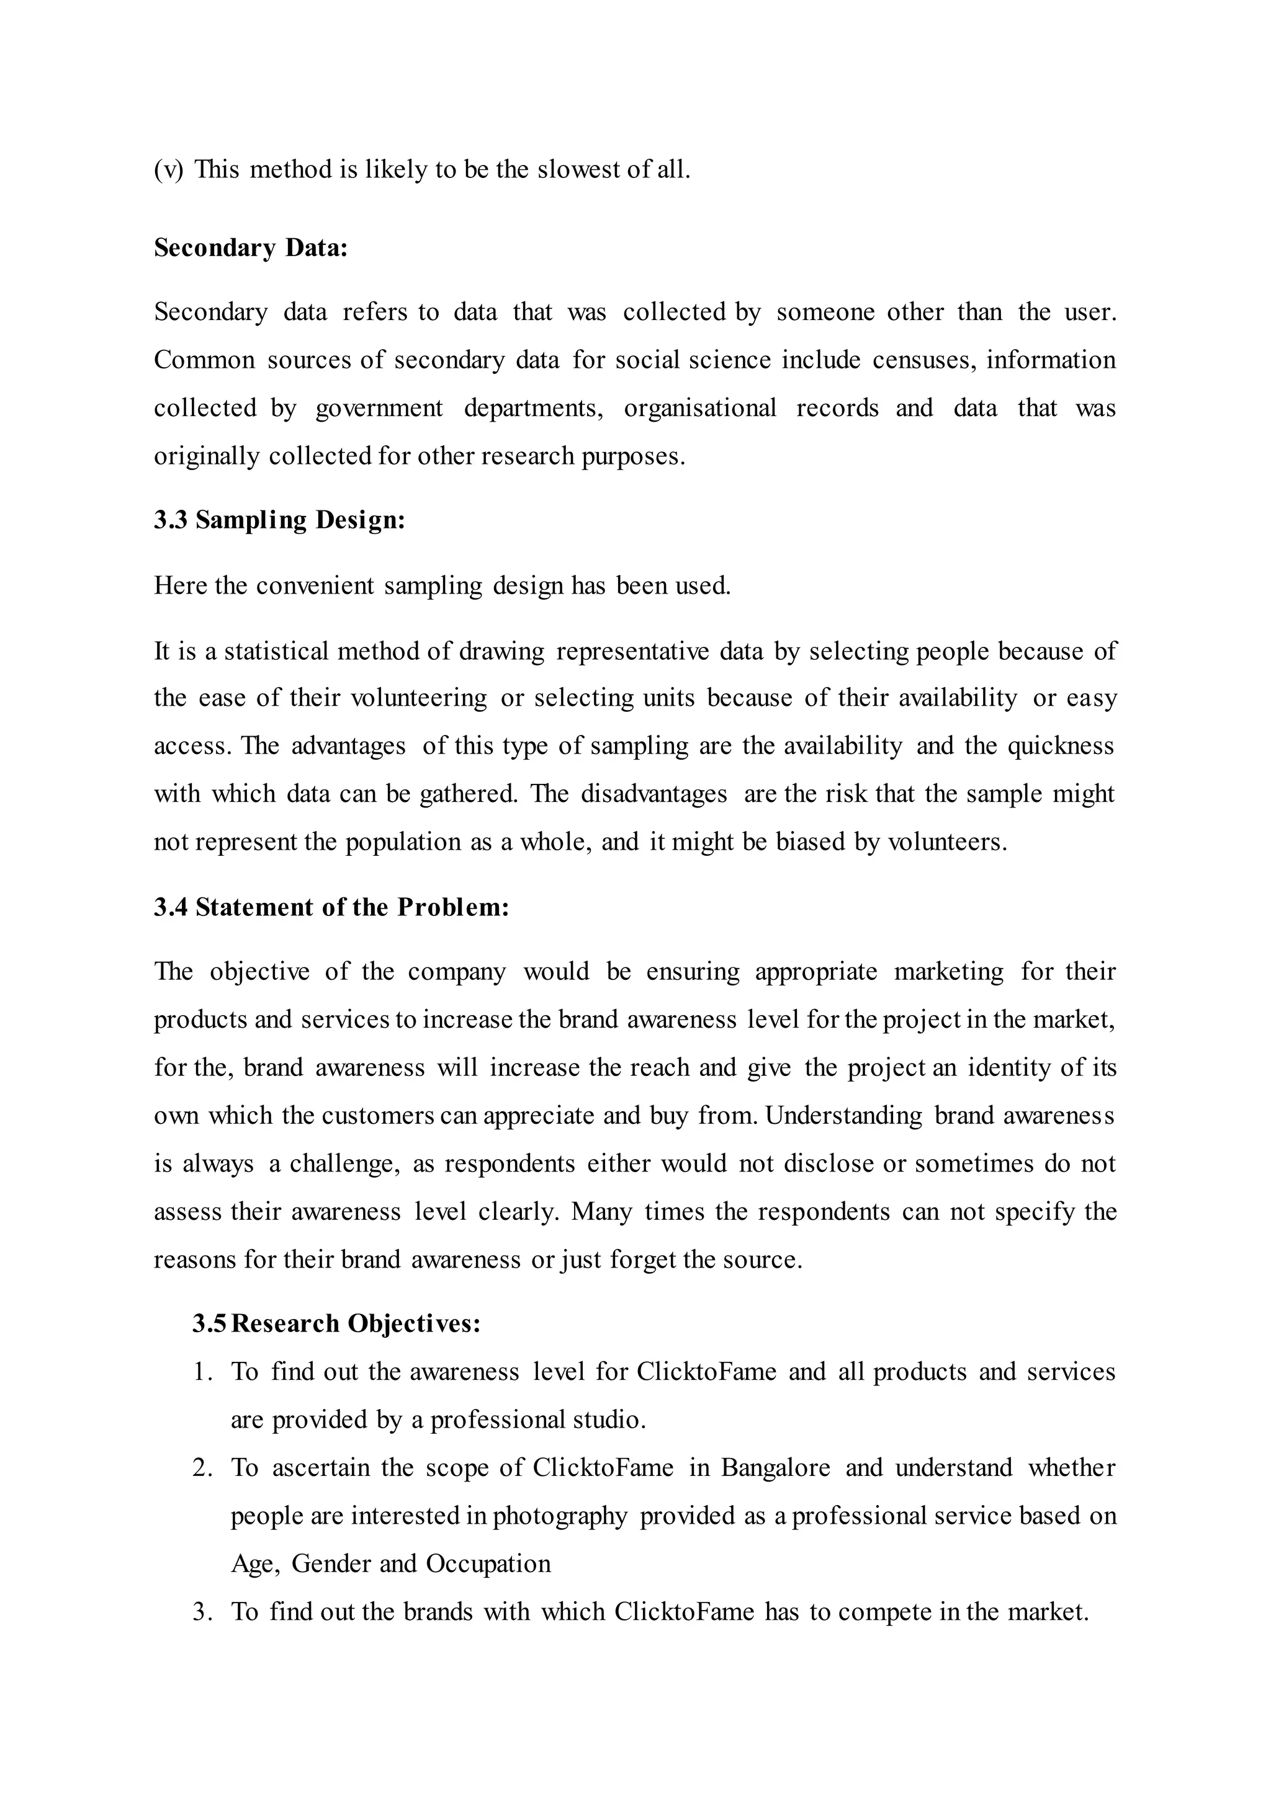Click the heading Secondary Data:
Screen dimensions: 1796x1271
(251, 248)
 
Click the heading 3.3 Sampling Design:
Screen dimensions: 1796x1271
(279, 520)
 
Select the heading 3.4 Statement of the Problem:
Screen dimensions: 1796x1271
(331, 907)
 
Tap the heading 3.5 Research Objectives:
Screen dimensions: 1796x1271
(336, 1323)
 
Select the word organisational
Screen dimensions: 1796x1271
(699, 408)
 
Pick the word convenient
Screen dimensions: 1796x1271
(315, 586)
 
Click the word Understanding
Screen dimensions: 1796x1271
(843, 1116)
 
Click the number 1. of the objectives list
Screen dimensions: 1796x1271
(204, 1372)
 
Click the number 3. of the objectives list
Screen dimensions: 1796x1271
(204, 1612)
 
